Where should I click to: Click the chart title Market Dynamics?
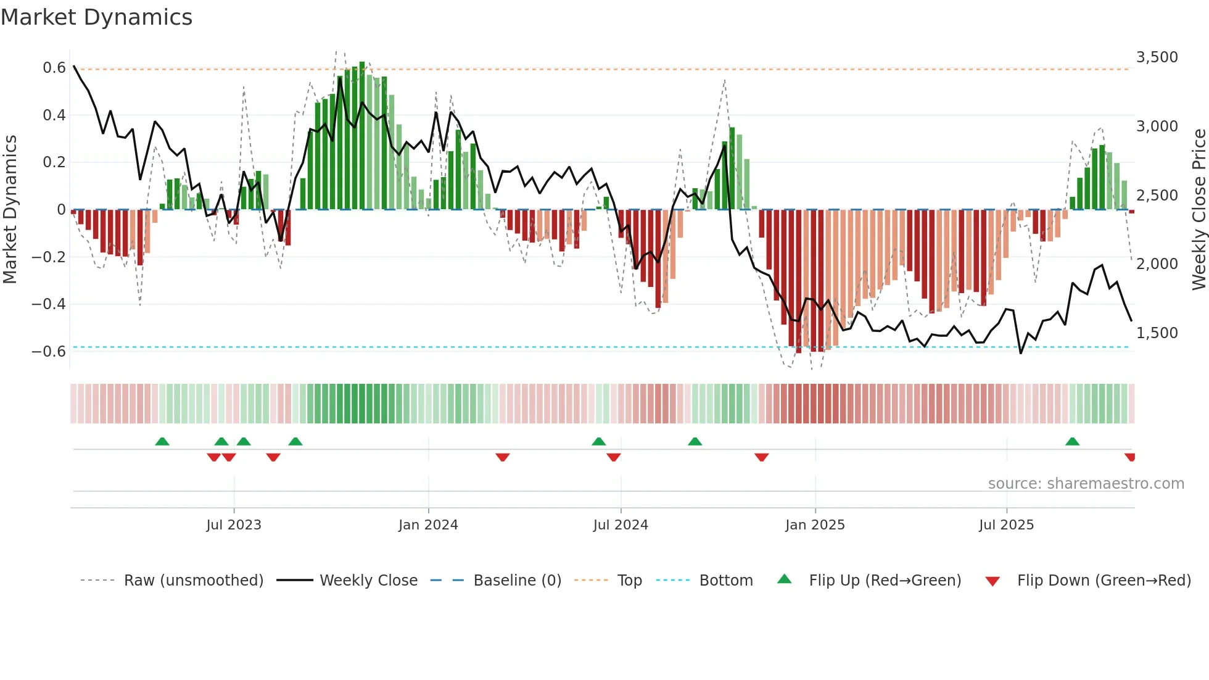(x=96, y=17)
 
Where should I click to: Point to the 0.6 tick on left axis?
(x=54, y=68)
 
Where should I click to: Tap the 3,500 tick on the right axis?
(x=1157, y=57)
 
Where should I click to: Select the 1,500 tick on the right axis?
(x=1157, y=333)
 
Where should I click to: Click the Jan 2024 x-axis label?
(x=428, y=525)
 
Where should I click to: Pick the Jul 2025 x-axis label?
(x=1006, y=525)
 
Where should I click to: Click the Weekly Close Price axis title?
(x=1199, y=209)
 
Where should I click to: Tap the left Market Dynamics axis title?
(x=10, y=209)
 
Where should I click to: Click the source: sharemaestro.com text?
(x=1086, y=484)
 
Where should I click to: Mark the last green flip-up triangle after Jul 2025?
(x=1072, y=442)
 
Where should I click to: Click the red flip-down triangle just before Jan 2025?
(x=761, y=457)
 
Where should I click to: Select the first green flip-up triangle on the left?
(x=162, y=442)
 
